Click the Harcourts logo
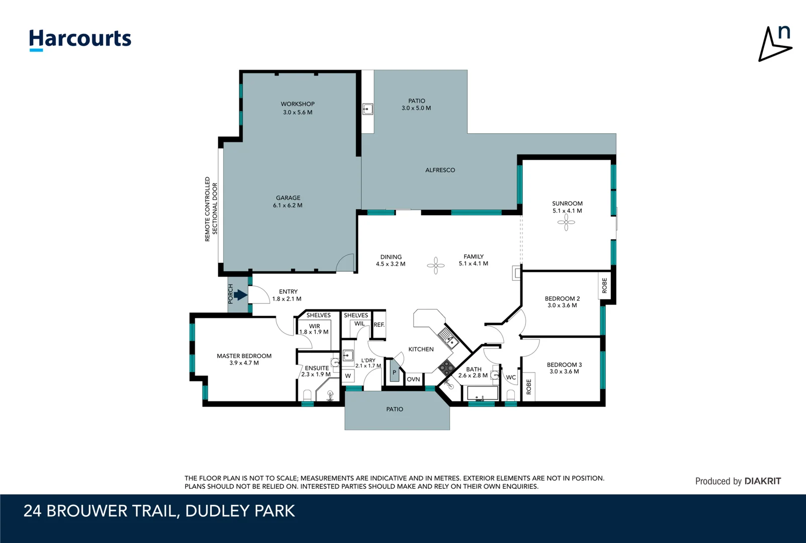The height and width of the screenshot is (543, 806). coord(80,40)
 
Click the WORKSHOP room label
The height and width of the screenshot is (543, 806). coord(298,104)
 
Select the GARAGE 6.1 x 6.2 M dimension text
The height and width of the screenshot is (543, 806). coord(288,206)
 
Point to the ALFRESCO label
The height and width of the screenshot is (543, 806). coord(440,170)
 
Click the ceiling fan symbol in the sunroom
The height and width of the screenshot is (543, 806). coord(566,222)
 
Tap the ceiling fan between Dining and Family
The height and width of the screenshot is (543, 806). coord(436,265)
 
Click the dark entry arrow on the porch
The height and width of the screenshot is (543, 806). coord(240,296)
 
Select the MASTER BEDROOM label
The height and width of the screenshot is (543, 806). coord(244,356)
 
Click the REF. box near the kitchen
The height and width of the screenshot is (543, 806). coord(379,325)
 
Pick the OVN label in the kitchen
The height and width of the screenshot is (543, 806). coord(413,379)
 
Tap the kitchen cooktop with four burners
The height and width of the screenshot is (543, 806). coord(446,368)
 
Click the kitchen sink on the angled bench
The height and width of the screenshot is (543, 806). coord(448,338)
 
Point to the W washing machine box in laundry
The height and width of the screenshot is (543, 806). coord(348,376)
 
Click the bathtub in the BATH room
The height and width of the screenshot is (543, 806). coord(483,393)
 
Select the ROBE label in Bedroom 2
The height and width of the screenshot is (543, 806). coord(604,286)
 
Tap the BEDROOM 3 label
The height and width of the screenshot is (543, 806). coord(564,365)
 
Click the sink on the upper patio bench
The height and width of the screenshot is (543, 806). coord(368,109)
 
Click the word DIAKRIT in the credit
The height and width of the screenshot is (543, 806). coord(762,481)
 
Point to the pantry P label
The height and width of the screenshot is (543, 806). coord(394,373)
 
